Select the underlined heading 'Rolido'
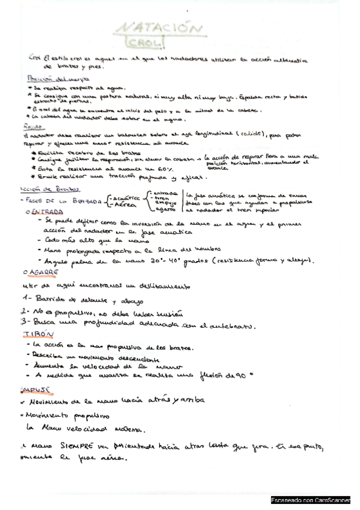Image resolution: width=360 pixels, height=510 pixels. coord(38,128)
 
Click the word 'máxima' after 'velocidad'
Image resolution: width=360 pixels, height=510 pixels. coord(132,429)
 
